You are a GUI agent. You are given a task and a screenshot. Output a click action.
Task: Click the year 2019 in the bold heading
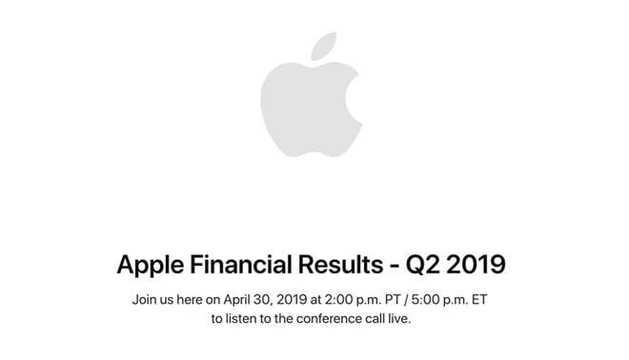point(479,265)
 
